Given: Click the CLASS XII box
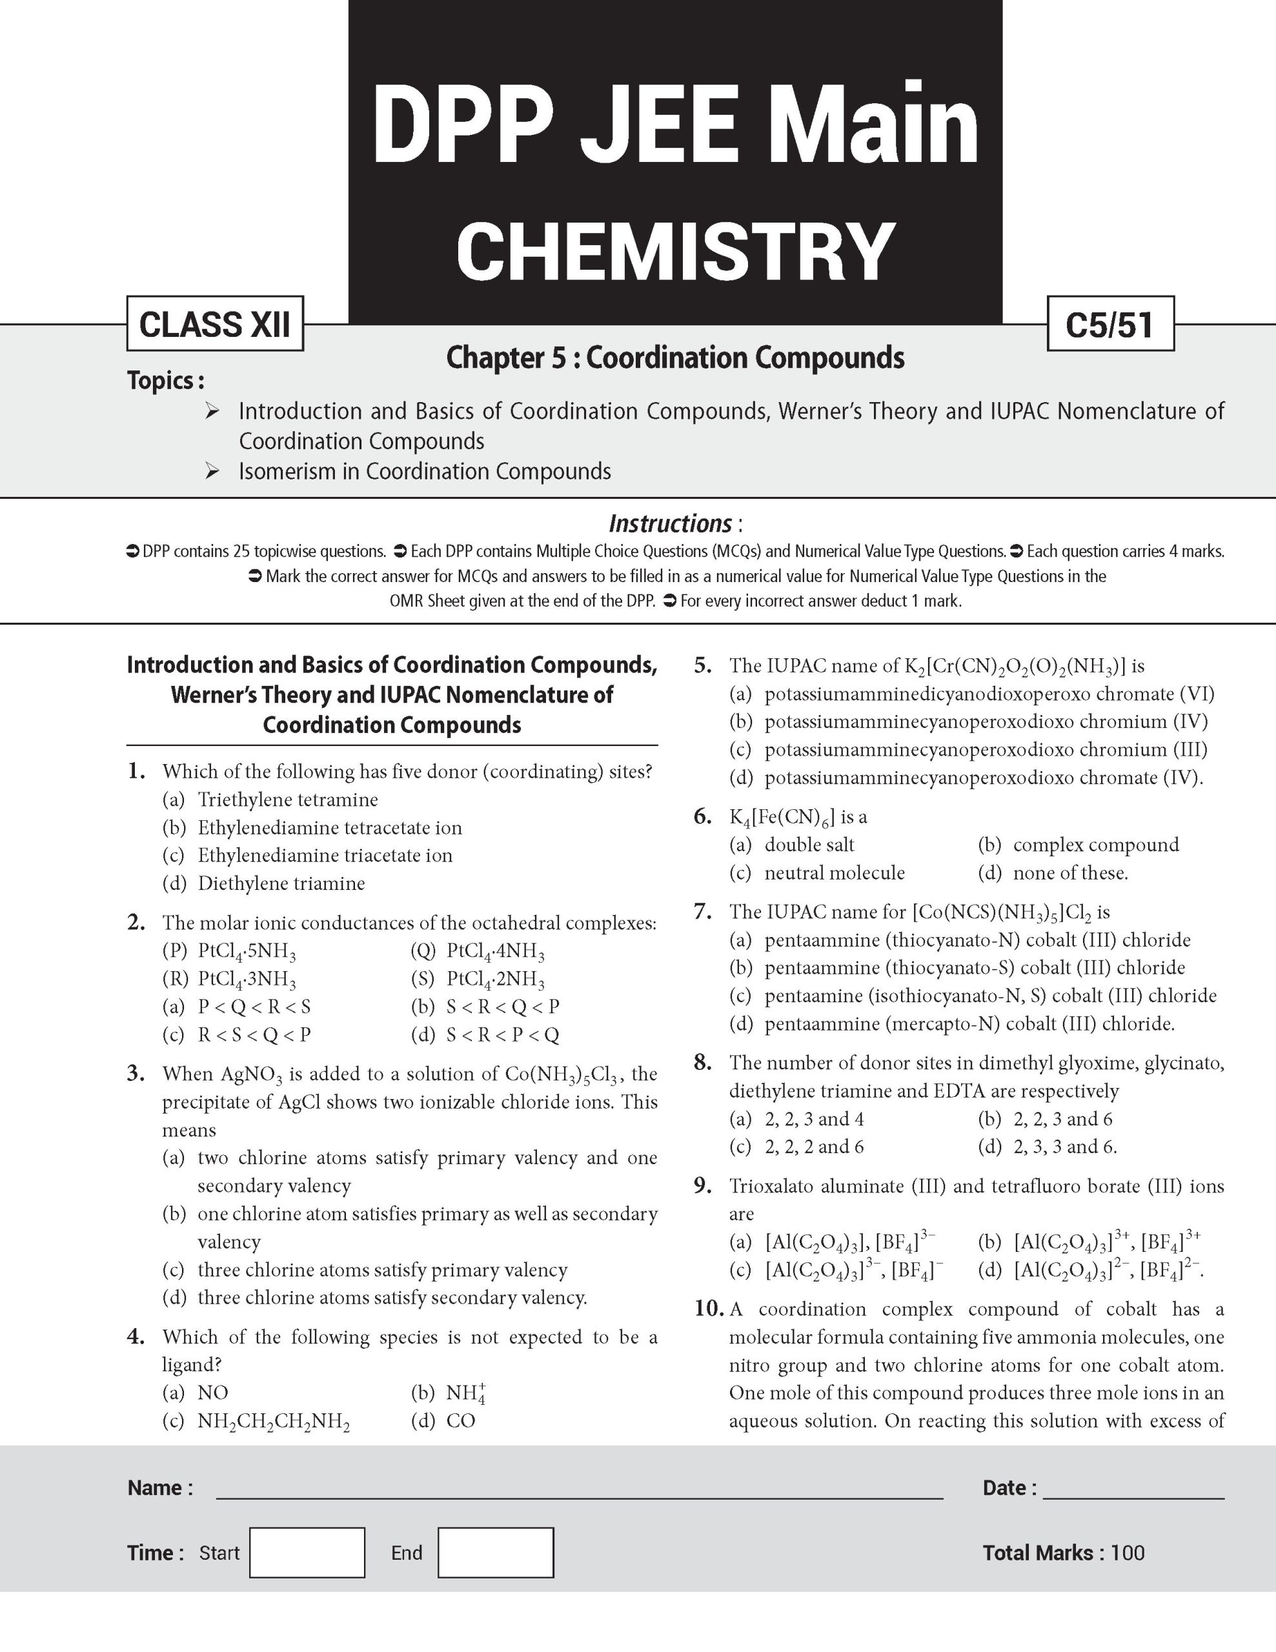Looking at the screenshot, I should pyautogui.click(x=215, y=324).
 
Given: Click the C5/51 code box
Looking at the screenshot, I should pyautogui.click(x=1109, y=324).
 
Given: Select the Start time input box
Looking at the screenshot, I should pyautogui.click(x=307, y=1552).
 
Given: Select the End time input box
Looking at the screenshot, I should pyautogui.click(x=496, y=1552).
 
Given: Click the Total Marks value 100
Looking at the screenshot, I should pyautogui.click(x=1127, y=1553).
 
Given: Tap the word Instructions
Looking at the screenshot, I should pyautogui.click(x=670, y=523).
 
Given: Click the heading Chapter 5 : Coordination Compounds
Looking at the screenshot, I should pyautogui.click(x=674, y=358).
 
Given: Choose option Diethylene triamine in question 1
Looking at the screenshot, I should pyautogui.click(x=281, y=883).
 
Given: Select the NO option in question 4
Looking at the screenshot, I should pyautogui.click(x=212, y=1393).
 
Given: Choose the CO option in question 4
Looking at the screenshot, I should pyautogui.click(x=461, y=1420).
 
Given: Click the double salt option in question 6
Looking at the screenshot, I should pyautogui.click(x=809, y=845).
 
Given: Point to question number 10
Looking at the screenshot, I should pyautogui.click(x=709, y=1309).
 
